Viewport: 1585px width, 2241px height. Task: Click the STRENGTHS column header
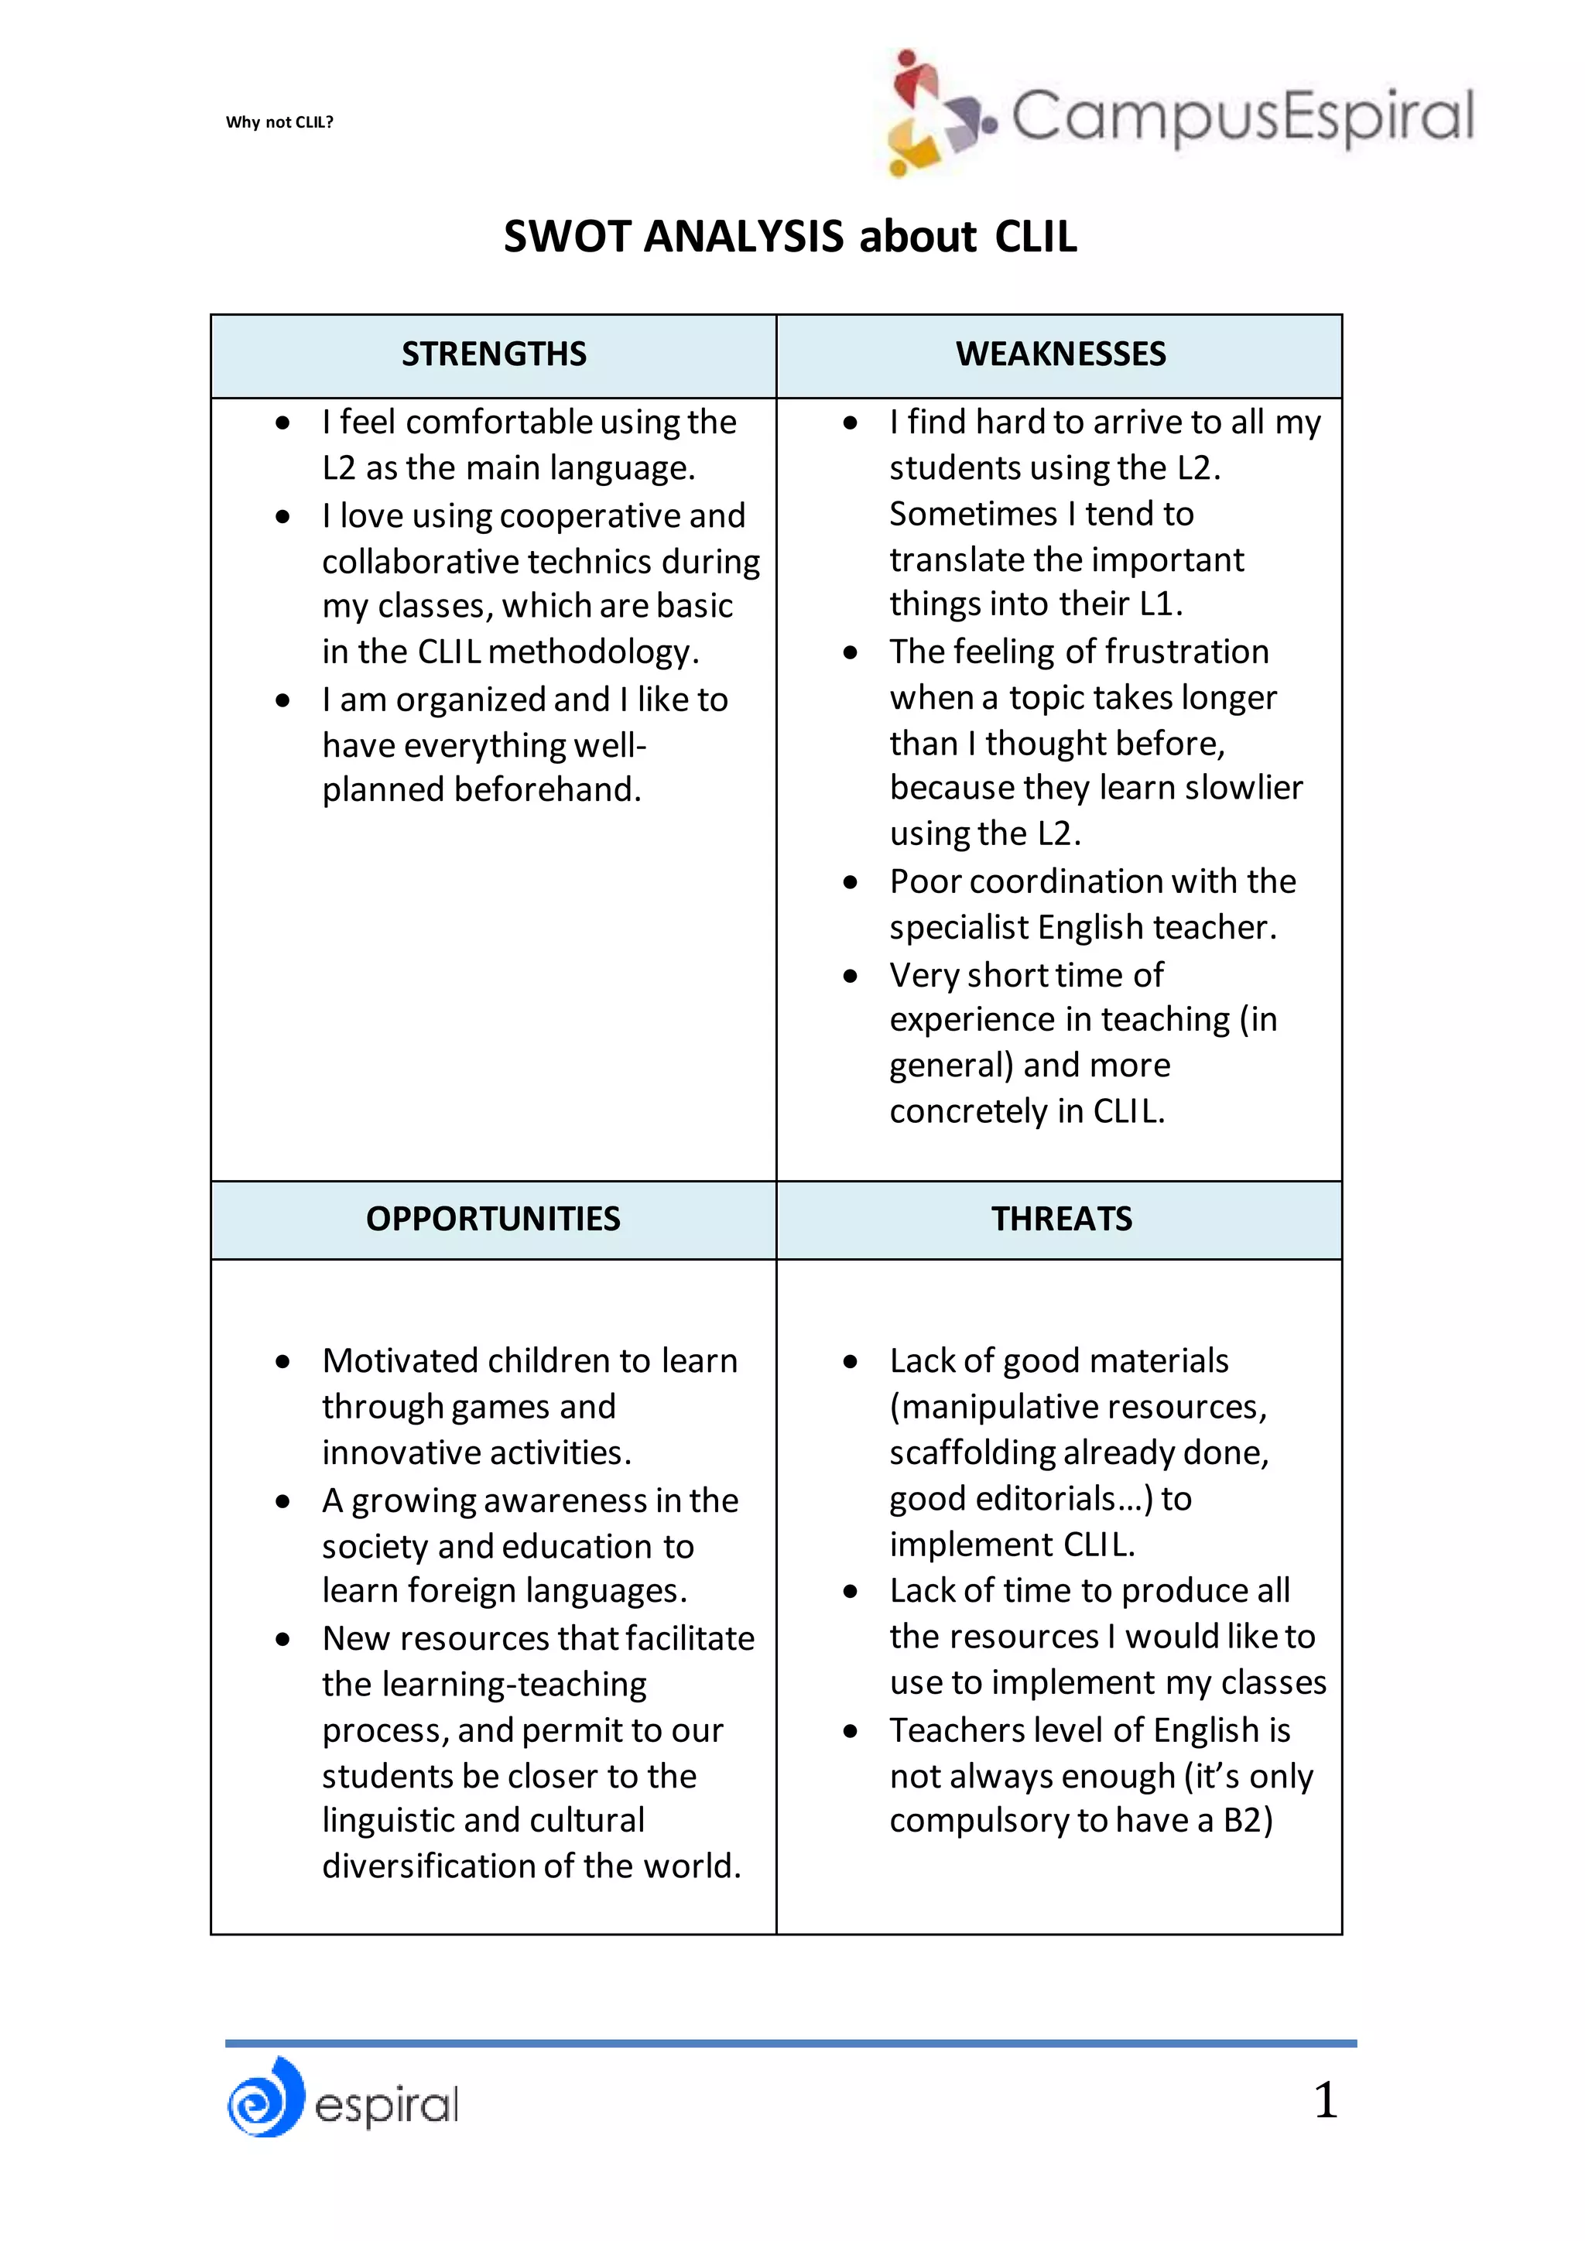(494, 354)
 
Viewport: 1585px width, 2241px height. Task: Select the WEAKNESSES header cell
(1060, 354)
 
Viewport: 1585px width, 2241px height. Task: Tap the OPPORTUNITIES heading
(493, 1219)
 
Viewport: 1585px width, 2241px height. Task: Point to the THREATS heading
(1061, 1219)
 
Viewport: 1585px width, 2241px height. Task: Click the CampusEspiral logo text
(1241, 116)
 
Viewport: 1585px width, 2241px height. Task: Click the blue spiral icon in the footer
(265, 2099)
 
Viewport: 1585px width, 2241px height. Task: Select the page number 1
(1324, 2099)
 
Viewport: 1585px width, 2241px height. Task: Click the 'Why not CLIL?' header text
(279, 122)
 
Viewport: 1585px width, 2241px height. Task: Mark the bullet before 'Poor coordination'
(850, 882)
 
